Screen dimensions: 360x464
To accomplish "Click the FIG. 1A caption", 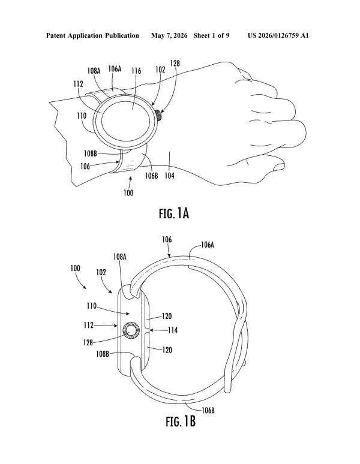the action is click(x=174, y=213).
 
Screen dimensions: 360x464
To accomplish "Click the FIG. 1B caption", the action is click(x=181, y=421).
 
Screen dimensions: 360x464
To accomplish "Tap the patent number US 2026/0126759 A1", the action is click(x=278, y=35).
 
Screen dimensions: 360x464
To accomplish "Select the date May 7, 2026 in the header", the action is click(x=169, y=36).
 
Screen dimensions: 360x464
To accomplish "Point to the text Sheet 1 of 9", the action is click(x=211, y=35).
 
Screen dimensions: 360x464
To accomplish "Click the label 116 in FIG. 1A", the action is click(x=136, y=70).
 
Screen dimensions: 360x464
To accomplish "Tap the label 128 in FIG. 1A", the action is click(x=175, y=64).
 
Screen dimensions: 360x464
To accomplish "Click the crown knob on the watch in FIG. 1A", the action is click(x=159, y=115).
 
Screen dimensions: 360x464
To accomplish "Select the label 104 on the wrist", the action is click(x=169, y=176).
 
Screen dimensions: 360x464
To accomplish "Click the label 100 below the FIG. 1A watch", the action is click(x=128, y=193).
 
